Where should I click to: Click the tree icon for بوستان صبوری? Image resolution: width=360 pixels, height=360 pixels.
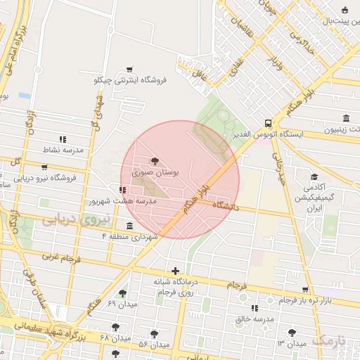point(155,161)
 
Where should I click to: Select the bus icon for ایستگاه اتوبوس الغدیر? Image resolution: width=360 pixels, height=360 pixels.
point(268,123)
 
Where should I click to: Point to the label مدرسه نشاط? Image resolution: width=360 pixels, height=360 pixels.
point(63,150)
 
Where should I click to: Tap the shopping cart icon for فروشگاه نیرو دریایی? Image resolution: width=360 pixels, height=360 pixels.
point(45,167)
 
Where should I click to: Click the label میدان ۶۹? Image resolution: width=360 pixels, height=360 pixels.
point(121,304)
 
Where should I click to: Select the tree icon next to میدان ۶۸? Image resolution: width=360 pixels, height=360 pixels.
point(115,327)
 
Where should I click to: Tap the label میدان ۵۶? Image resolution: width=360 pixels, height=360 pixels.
point(154,345)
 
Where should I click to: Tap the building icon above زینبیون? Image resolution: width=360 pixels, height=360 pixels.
point(345,118)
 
